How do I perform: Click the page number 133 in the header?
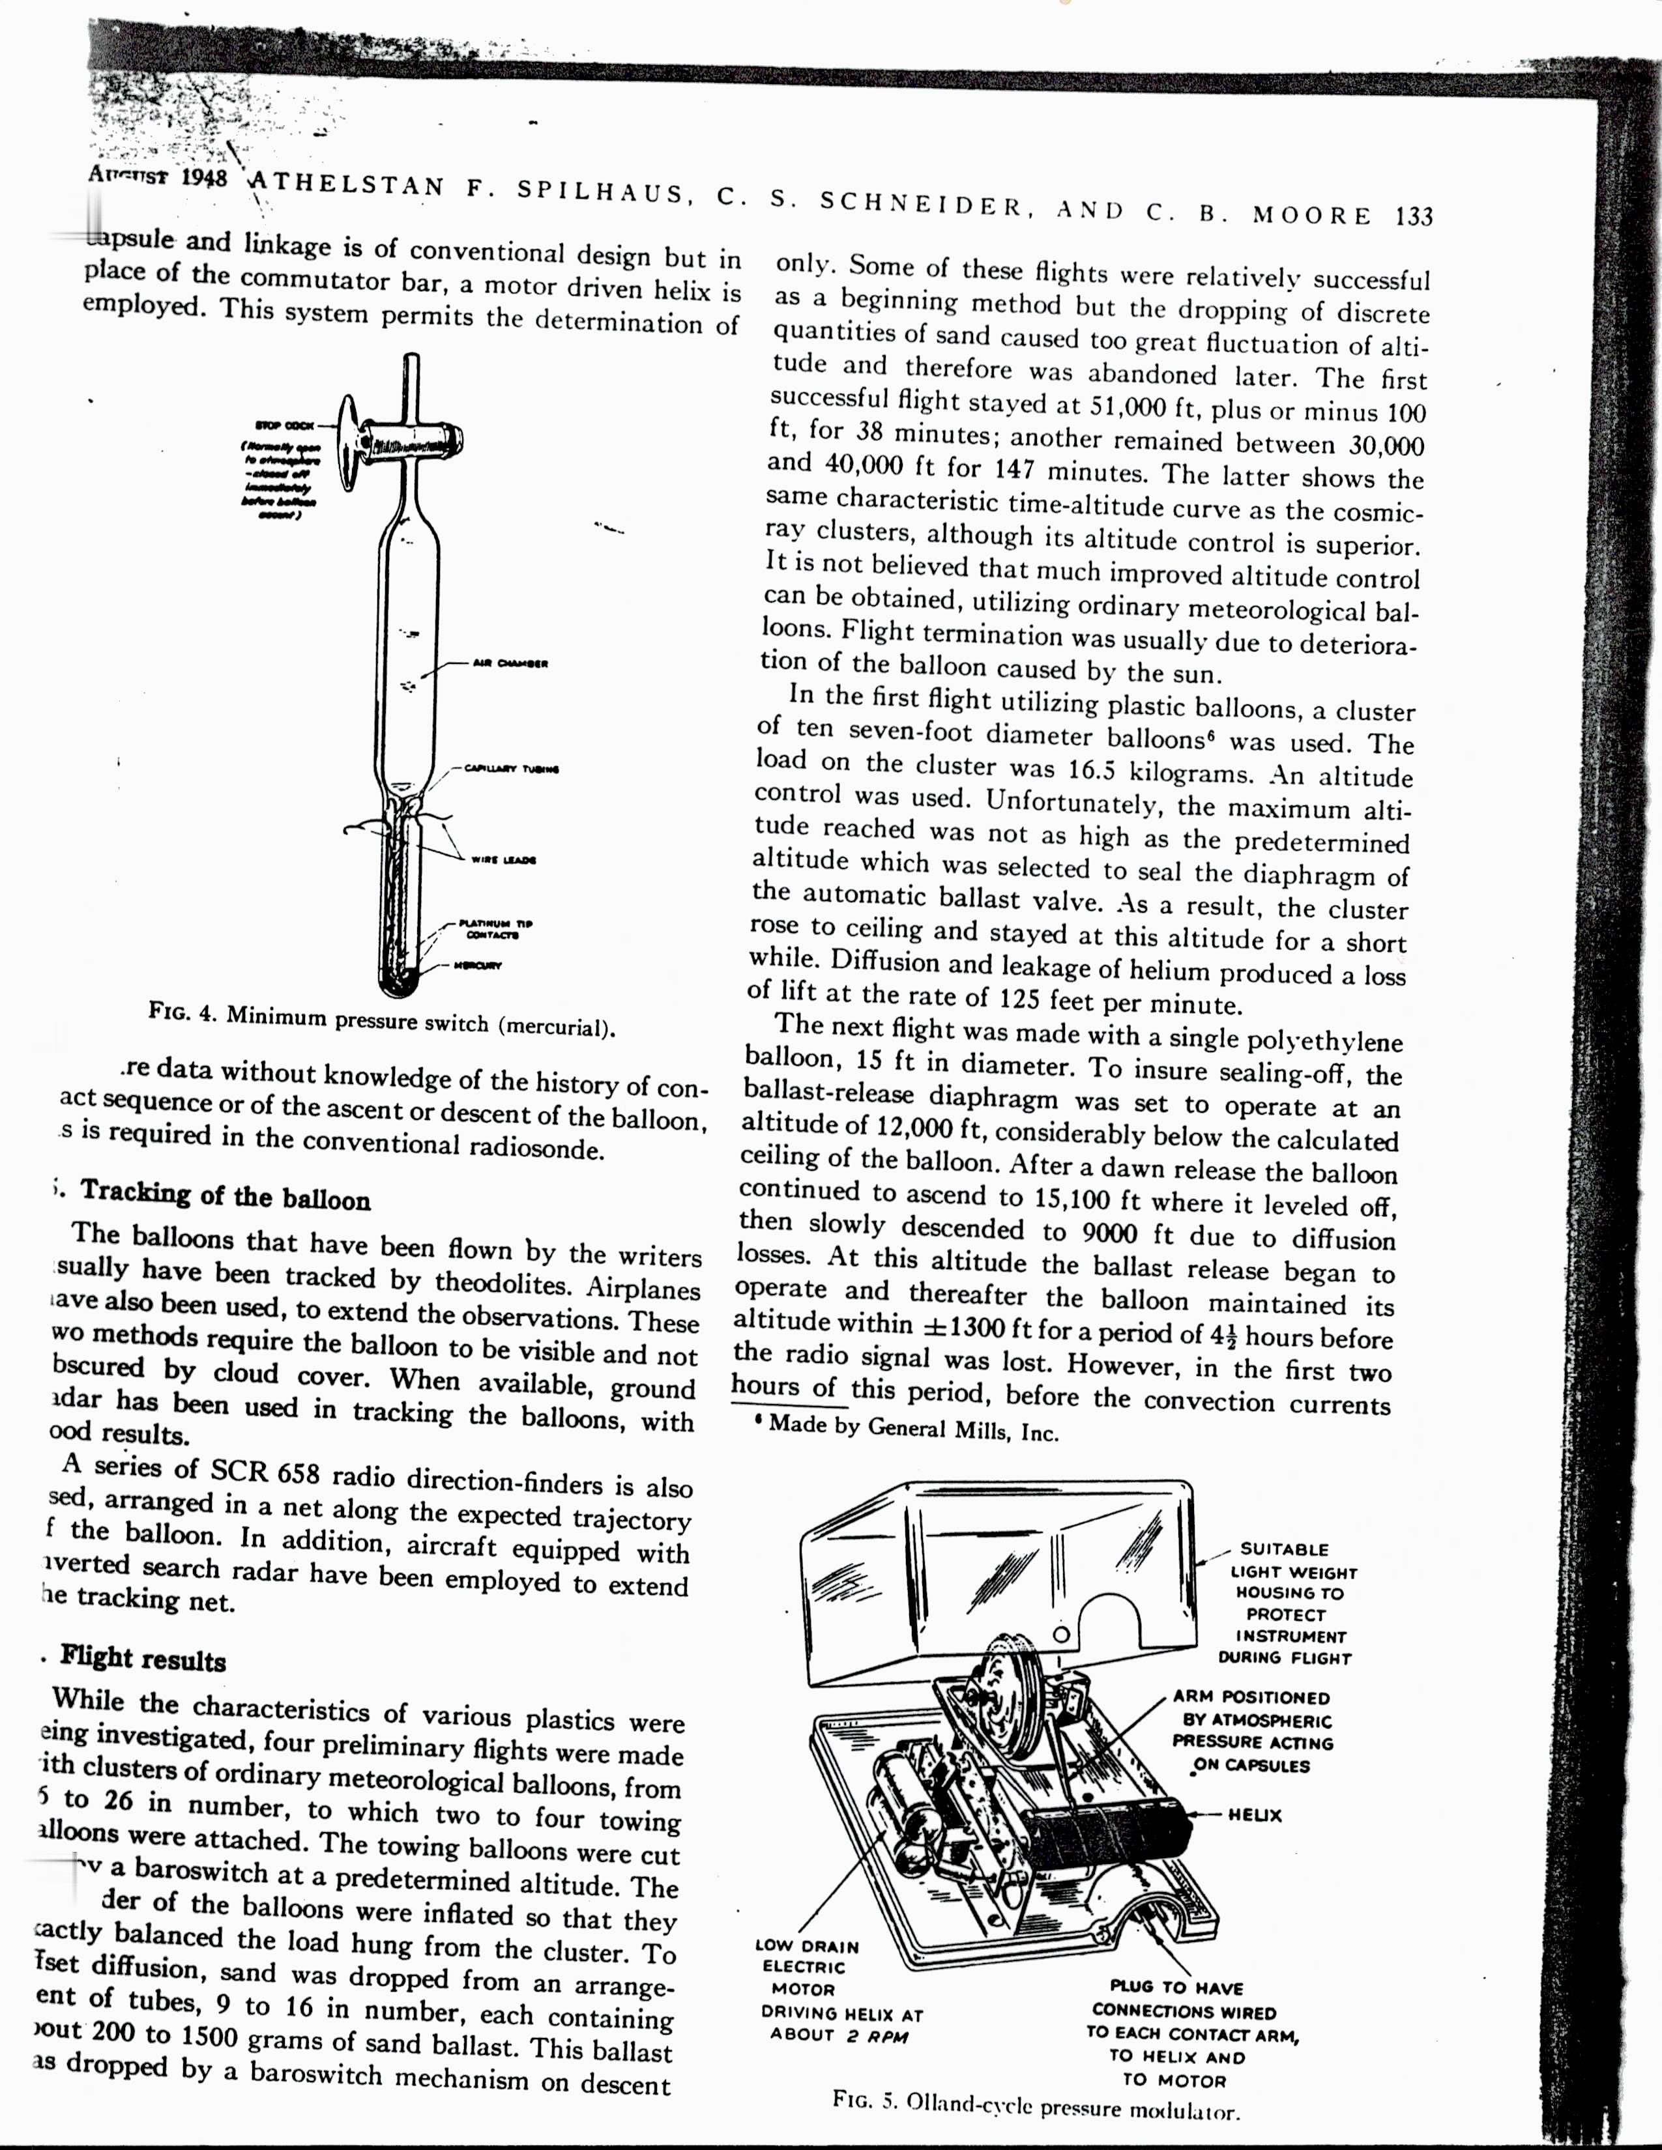pyautogui.click(x=1414, y=216)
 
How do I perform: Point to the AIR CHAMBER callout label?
pyautogui.click(x=510, y=663)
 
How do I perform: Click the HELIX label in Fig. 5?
pyautogui.click(x=1255, y=1814)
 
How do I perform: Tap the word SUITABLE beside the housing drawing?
pyautogui.click(x=1284, y=1549)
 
